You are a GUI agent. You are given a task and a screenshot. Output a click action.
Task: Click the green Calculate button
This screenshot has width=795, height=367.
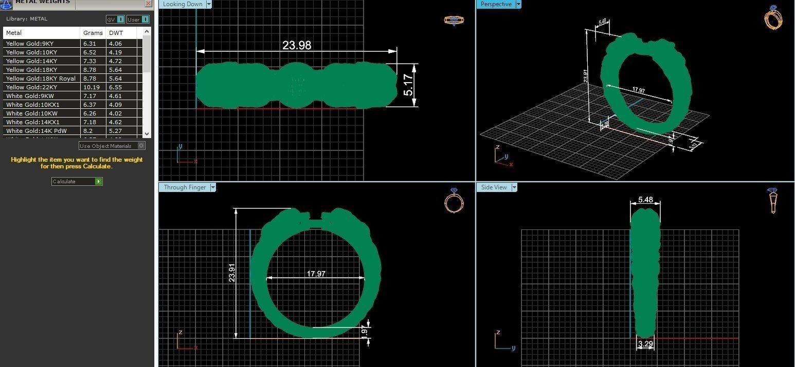pos(98,182)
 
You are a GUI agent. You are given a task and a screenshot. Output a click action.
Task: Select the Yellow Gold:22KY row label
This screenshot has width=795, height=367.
pos(31,87)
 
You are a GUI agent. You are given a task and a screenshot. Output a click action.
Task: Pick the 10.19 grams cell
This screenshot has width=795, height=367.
pos(91,87)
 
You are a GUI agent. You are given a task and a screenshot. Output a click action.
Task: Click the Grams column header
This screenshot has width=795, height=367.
pos(93,33)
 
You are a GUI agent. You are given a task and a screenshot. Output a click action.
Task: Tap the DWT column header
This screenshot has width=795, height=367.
pos(116,33)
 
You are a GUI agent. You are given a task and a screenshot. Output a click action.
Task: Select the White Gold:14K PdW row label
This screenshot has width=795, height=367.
pos(36,131)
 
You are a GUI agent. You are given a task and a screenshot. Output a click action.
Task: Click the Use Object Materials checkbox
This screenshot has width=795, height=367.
pos(141,146)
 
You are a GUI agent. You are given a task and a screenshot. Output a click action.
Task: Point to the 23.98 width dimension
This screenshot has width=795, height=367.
pos(297,45)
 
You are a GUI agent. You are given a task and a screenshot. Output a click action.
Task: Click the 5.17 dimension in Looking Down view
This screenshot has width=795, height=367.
pos(408,85)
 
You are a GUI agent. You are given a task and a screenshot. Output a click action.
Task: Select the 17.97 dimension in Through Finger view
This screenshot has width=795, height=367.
pos(316,274)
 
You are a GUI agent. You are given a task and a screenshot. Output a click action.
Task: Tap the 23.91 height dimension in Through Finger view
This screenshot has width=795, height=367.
pos(232,273)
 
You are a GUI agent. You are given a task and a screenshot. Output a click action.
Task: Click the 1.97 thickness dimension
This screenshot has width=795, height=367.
pos(365,331)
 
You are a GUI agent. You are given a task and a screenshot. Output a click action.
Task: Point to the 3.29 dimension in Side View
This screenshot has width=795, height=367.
pos(645,344)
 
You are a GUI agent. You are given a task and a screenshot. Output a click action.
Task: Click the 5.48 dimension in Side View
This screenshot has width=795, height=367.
pos(645,200)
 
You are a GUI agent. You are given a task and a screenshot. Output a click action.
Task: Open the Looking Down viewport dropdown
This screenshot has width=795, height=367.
pos(209,4)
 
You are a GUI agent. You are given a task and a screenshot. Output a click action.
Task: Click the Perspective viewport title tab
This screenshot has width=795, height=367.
pos(496,4)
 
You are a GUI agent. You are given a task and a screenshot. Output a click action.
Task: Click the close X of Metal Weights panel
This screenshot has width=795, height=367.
pos(148,4)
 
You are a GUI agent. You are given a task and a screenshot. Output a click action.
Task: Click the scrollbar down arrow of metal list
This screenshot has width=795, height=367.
pos(147,133)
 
